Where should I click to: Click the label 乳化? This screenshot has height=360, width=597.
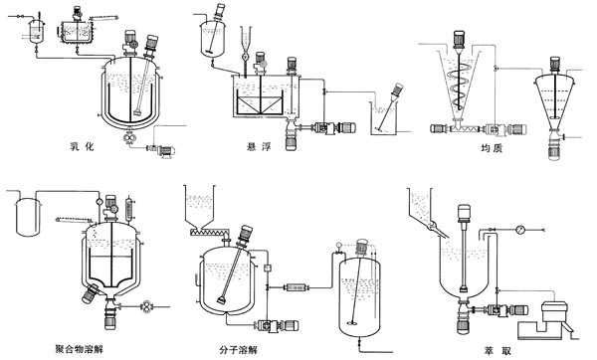tap(82, 146)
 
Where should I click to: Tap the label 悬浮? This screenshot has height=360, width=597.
tap(259, 146)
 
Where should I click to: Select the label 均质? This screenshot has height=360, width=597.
tap(492, 147)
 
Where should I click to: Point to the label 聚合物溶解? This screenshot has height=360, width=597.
tap(79, 348)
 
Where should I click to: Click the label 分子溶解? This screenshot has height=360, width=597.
tap(239, 349)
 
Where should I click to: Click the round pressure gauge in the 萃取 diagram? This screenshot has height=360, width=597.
tap(520, 230)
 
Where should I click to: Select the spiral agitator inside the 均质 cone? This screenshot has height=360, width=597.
tap(461, 86)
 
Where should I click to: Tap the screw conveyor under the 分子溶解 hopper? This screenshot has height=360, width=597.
tap(209, 231)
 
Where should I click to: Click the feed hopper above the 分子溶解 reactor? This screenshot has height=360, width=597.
tap(200, 206)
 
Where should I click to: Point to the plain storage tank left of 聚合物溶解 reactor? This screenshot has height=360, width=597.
tap(28, 216)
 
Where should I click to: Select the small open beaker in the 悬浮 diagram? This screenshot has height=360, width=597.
tap(383, 118)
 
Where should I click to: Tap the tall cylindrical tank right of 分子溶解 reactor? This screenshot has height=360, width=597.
tap(359, 297)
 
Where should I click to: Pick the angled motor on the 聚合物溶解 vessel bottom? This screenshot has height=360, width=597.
tap(91, 293)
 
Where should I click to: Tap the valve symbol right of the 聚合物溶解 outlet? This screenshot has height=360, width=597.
tap(146, 306)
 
